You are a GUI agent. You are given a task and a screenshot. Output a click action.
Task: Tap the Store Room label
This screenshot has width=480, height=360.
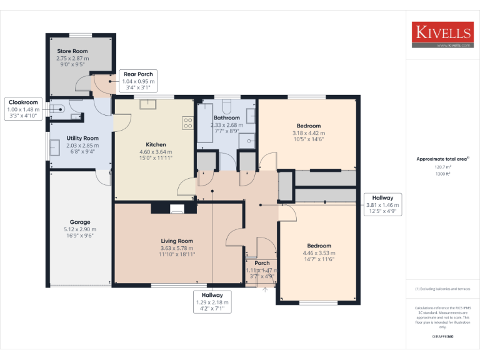(72, 51)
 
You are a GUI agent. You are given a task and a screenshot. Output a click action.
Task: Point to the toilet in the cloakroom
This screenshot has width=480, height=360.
(59, 109)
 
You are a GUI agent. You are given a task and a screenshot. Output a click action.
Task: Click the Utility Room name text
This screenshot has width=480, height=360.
(82, 138)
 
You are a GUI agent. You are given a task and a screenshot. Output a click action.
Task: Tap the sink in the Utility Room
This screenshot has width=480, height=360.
(55, 147)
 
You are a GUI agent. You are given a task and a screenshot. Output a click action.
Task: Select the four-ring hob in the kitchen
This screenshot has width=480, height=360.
(187, 122)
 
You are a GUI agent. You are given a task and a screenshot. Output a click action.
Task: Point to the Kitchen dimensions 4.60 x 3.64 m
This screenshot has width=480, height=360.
(156, 151)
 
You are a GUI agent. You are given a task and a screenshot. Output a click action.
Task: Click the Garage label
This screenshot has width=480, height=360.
(80, 222)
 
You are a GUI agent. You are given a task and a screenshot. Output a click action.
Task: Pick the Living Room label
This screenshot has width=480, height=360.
(177, 241)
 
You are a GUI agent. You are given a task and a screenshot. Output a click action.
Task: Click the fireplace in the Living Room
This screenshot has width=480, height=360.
(177, 209)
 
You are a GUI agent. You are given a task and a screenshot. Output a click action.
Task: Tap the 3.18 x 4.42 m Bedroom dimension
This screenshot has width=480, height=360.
(309, 132)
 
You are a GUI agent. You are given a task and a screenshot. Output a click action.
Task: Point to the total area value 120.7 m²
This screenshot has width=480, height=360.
(443, 167)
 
